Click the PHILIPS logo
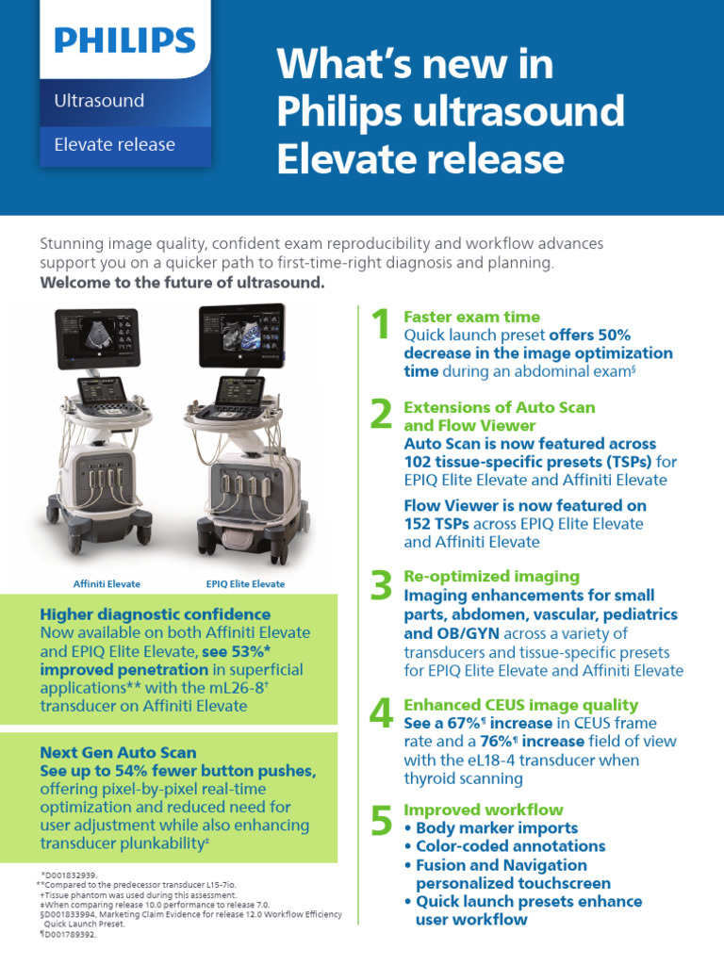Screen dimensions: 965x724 (124, 41)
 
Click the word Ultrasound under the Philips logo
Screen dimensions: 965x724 (99, 100)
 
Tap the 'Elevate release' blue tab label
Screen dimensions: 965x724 (114, 144)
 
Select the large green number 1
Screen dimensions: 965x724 (381, 327)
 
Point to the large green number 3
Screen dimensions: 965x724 (381, 586)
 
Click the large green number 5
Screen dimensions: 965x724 (381, 821)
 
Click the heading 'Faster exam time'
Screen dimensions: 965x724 (471, 317)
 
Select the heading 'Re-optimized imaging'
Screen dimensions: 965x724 (491, 576)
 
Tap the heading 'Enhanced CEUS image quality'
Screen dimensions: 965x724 (520, 705)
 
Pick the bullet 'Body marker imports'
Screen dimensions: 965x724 (490, 828)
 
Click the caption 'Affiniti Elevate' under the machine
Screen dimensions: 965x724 (107, 583)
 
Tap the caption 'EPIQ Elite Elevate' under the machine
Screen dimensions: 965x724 (245, 583)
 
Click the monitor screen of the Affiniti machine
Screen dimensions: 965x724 (97, 337)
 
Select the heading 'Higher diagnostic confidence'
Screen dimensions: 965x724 (155, 614)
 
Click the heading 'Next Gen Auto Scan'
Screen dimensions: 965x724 (118, 752)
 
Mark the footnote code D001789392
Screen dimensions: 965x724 (68, 934)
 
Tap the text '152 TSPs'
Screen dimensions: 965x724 (436, 524)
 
